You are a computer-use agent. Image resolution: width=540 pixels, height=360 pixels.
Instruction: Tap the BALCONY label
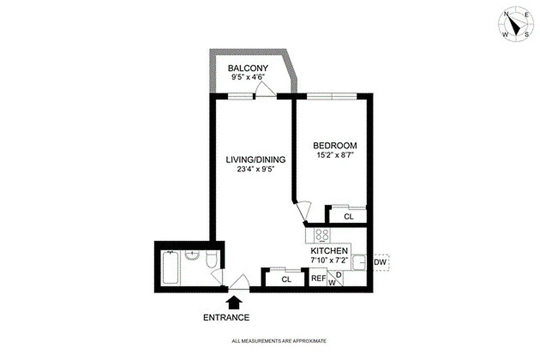click(x=248, y=68)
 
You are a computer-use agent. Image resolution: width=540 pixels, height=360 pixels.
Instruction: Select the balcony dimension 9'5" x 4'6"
click(x=247, y=77)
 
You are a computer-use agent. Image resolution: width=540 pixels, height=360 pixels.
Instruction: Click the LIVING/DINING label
click(x=256, y=160)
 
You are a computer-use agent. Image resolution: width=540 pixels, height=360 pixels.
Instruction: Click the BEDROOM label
click(x=335, y=146)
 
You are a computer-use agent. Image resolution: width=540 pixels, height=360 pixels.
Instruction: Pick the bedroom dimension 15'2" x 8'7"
click(x=335, y=155)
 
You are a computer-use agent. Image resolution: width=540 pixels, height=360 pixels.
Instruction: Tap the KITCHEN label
click(x=329, y=251)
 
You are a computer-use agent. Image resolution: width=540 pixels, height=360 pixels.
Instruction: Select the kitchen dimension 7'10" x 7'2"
click(x=329, y=260)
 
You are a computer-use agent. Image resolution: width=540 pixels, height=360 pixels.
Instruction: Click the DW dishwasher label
click(x=380, y=262)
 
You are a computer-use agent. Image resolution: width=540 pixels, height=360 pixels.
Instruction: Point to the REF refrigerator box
click(x=319, y=279)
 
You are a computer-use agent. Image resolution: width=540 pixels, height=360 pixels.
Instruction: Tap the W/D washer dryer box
click(x=335, y=279)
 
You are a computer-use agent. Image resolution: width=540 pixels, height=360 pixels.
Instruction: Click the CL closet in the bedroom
click(x=349, y=216)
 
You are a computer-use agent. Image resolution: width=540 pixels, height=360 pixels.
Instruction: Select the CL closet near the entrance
click(x=287, y=279)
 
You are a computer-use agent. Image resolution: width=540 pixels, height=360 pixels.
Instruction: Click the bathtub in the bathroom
click(x=171, y=268)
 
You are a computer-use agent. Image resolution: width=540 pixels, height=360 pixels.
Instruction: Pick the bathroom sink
click(x=192, y=255)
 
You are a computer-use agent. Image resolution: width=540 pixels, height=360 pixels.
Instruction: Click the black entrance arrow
click(x=233, y=302)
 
